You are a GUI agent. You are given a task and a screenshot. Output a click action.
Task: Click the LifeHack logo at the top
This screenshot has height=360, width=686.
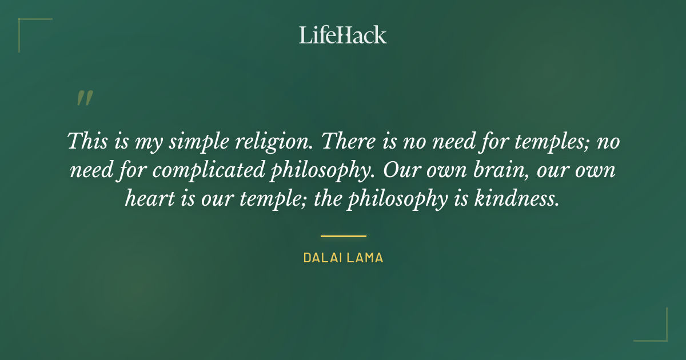click(x=342, y=35)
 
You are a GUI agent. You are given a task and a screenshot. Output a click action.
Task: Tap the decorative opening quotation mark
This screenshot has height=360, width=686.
click(x=84, y=99)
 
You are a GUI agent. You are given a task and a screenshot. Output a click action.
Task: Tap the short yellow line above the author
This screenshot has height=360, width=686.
click(x=343, y=235)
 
